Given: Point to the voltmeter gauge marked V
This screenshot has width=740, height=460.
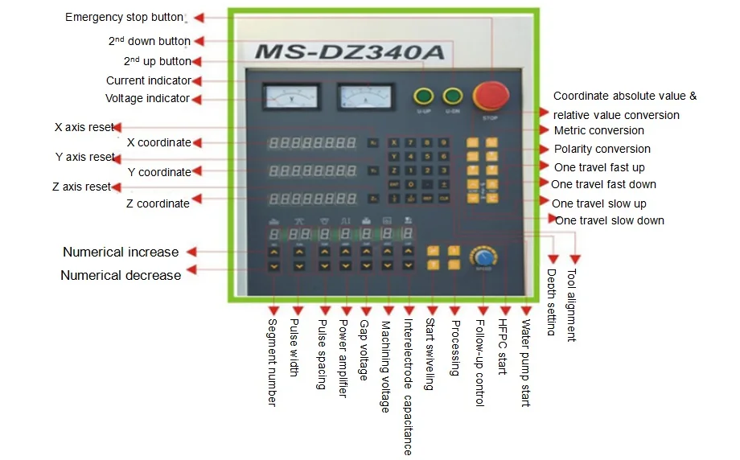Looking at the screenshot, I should click(x=290, y=98).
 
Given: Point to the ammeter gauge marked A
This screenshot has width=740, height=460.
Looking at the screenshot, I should click(x=367, y=98).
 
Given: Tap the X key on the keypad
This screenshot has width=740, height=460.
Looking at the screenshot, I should click(x=394, y=143).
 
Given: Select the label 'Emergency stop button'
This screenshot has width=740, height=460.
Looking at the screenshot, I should click(x=124, y=18).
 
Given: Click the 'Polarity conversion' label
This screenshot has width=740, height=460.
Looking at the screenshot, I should click(x=602, y=149).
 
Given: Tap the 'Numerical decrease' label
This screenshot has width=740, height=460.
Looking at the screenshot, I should click(x=121, y=275).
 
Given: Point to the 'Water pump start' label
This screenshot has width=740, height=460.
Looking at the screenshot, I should click(x=526, y=363).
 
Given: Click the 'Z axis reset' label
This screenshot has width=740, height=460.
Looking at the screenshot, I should click(x=80, y=187).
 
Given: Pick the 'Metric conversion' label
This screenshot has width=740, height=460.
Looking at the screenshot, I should click(x=598, y=130).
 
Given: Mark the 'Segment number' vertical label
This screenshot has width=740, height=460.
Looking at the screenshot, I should click(x=271, y=363).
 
